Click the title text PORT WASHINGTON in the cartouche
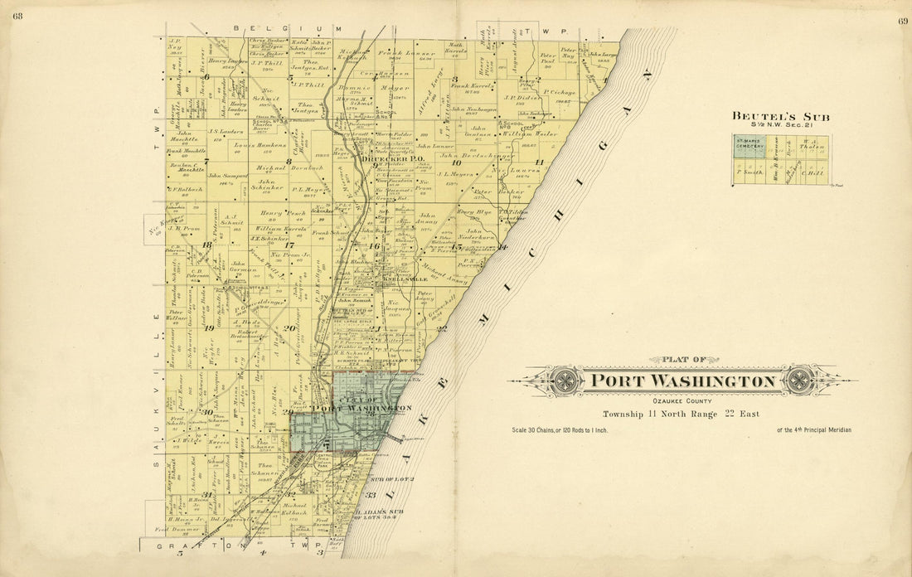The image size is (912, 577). (683, 382)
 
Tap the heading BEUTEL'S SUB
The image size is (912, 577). (779, 117)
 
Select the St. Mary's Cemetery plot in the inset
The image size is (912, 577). (749, 148)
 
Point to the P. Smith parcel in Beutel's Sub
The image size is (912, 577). (749, 172)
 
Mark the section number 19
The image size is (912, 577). (209, 328)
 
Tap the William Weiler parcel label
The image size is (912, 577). (527, 133)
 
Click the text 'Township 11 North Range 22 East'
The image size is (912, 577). (680, 414)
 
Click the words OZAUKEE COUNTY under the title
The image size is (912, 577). (683, 401)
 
